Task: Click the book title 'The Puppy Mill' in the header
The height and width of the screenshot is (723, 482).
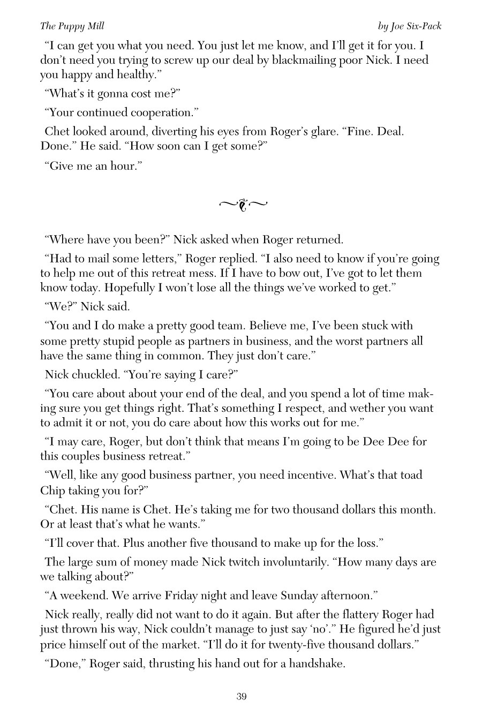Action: [x=72, y=26]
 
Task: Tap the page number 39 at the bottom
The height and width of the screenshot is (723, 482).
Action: [x=241, y=697]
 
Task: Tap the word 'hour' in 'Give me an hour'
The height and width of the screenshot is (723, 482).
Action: [x=123, y=166]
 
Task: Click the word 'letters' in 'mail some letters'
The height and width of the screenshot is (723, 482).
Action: [x=155, y=259]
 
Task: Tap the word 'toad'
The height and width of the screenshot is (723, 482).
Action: [x=411, y=475]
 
